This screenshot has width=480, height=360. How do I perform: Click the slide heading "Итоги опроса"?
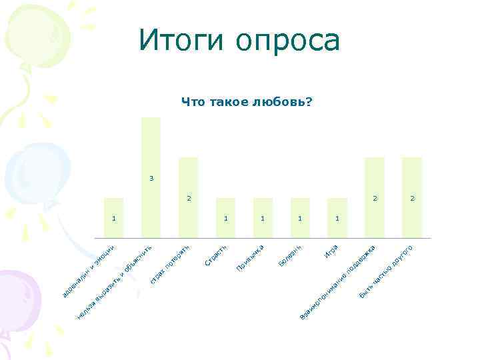tap(239, 41)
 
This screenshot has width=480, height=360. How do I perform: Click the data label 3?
tap(151, 178)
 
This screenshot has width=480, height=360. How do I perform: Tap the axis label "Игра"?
tap(332, 251)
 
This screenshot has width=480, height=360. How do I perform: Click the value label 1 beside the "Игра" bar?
tap(337, 218)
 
